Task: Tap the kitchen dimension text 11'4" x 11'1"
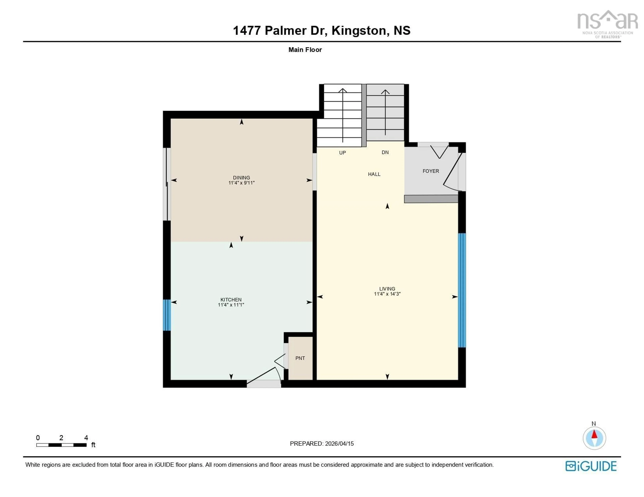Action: (231, 305)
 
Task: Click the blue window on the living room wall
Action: (462, 290)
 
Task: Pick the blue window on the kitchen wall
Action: (167, 315)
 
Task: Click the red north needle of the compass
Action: (594, 435)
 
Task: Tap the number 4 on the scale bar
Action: (86, 438)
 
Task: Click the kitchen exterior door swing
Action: (264, 376)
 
